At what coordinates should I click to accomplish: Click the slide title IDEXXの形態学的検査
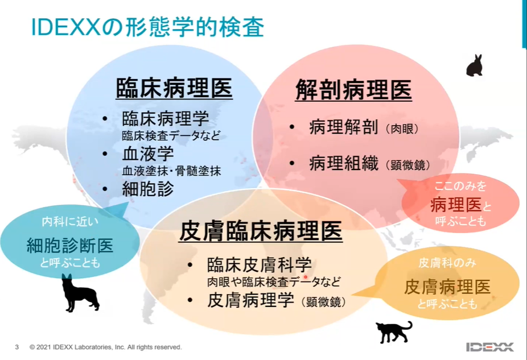[147, 27]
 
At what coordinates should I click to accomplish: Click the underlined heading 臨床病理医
[174, 88]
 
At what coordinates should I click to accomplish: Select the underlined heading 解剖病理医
[353, 90]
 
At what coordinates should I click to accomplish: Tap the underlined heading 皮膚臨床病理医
[261, 231]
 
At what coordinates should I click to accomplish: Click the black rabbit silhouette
[475, 65]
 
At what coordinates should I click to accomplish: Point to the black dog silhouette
[80, 293]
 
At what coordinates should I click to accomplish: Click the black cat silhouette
[394, 332]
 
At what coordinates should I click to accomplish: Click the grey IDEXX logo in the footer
[489, 347]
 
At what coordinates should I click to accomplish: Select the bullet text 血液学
[148, 154]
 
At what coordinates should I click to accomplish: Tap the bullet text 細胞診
[148, 189]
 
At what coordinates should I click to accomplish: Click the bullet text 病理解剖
[344, 127]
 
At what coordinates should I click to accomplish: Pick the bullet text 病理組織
[344, 163]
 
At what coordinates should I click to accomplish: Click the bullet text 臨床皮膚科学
[260, 264]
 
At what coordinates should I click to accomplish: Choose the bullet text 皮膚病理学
[251, 300]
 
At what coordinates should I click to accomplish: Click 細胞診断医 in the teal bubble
[70, 246]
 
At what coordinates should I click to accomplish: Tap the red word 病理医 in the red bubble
[456, 204]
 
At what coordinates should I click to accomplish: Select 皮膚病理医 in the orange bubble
[447, 287]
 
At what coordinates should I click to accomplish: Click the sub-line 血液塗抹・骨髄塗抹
[171, 171]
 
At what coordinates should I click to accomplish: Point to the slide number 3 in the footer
[17, 347]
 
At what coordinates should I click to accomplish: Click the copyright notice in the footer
[105, 347]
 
